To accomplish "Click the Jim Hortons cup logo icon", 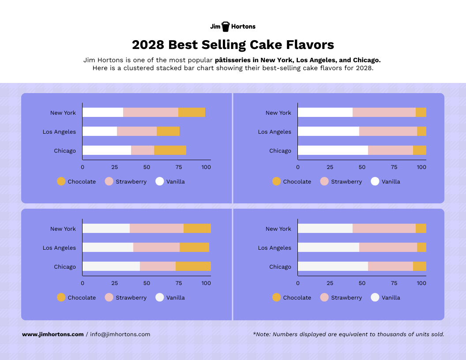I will click(225, 26).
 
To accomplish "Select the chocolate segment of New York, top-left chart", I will click(192, 112).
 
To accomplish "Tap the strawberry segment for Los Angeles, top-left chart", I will click(137, 131).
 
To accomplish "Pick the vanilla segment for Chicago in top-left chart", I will click(107, 150).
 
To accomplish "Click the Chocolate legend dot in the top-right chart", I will click(277, 181).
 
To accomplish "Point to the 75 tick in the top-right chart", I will click(394, 167).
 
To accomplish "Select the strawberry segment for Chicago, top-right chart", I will click(391, 150).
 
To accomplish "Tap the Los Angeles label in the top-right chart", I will click(274, 131).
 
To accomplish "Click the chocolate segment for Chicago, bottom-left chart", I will click(193, 266).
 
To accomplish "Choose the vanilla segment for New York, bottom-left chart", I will click(106, 229).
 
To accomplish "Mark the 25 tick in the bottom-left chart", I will click(114, 283).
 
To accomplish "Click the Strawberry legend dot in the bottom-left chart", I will click(109, 297).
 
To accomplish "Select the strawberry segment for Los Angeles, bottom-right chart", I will click(388, 247).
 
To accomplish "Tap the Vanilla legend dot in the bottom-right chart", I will click(375, 297).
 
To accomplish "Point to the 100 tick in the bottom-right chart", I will click(421, 283).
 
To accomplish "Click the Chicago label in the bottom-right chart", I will click(280, 266).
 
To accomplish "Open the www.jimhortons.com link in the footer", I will click(53, 334).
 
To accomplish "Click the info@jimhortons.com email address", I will click(120, 334).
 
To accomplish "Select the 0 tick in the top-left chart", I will click(83, 167).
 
